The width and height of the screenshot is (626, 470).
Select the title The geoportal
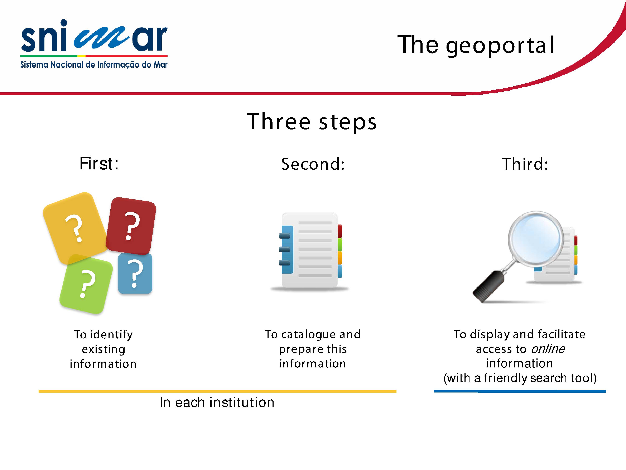[475, 45]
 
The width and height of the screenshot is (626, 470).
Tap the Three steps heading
[312, 122]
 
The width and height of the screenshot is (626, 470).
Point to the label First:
[99, 164]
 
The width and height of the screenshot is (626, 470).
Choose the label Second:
[313, 164]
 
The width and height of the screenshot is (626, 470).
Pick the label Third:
[525, 164]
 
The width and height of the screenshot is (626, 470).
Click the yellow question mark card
[75, 228]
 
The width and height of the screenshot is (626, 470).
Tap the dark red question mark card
[131, 226]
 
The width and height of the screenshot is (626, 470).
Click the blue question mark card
[135, 273]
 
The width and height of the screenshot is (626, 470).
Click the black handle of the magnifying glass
[488, 286]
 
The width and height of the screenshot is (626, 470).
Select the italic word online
[548, 349]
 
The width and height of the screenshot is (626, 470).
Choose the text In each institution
[217, 402]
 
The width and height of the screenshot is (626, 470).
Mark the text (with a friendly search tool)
[520, 378]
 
